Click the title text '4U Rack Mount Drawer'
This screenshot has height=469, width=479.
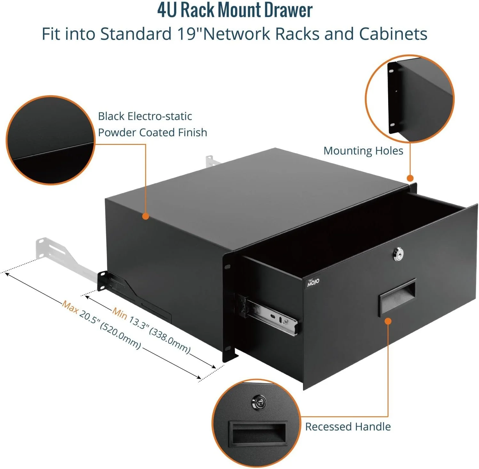click(235, 10)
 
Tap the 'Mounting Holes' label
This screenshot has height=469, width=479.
click(363, 151)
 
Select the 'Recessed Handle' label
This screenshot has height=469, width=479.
click(348, 427)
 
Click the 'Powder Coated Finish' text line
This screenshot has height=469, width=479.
click(152, 132)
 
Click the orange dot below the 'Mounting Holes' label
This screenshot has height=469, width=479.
click(410, 178)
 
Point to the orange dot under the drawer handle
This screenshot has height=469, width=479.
click(388, 321)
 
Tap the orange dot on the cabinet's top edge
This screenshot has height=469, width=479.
click(146, 216)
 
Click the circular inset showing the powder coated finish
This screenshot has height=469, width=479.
click(51, 140)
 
